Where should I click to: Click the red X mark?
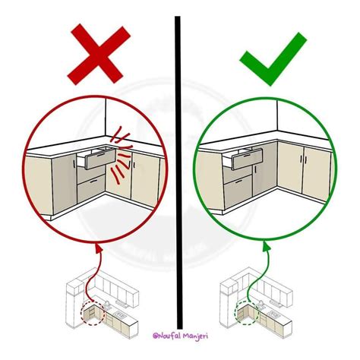[x=99, y=55]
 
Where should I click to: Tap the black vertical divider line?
[x=178, y=172]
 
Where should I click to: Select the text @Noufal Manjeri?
[x=180, y=336]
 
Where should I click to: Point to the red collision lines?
[x=121, y=154]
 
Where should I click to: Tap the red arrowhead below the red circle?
[x=99, y=248]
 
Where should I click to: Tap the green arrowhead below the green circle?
[x=266, y=246]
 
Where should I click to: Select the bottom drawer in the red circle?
[x=91, y=188]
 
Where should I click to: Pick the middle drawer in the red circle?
[x=91, y=174]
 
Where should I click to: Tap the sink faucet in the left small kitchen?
[x=107, y=305]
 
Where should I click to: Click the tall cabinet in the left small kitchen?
[x=74, y=304]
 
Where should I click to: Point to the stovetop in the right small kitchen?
[x=274, y=315]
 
